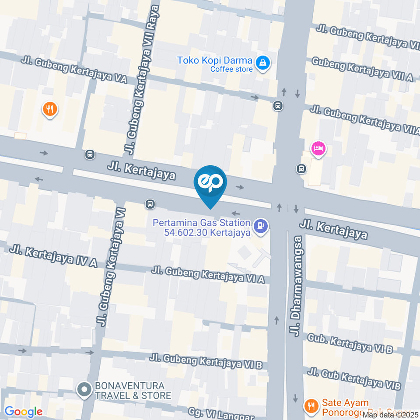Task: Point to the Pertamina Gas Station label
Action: click(201, 227)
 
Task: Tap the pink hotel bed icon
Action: click(318, 149)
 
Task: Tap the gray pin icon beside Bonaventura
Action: click(83, 390)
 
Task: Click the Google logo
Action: click(23, 412)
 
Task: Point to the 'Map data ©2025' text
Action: click(391, 415)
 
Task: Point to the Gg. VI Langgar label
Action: click(221, 414)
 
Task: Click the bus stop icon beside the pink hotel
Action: click(301, 168)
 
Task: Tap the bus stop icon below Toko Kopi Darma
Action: click(277, 106)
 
